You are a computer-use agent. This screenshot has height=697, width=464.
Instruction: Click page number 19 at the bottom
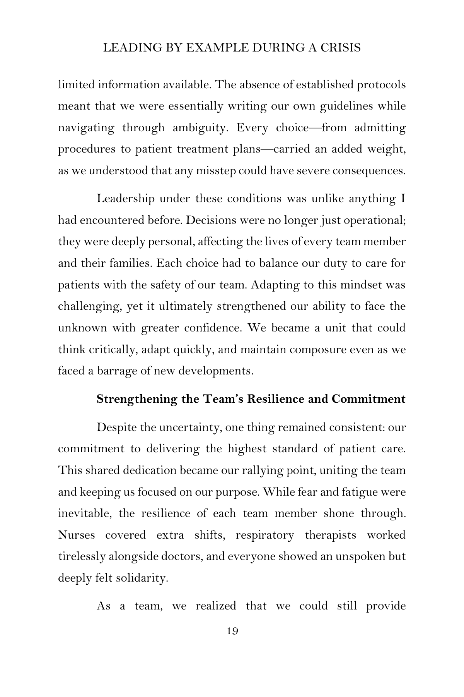232,631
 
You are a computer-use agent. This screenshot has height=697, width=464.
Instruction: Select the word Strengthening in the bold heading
137,399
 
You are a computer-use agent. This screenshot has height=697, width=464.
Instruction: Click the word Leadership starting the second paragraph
125,199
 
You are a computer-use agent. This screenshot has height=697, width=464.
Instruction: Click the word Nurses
76,535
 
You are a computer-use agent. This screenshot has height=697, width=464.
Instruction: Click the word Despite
116,428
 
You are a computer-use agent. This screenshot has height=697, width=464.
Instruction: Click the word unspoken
359,556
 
